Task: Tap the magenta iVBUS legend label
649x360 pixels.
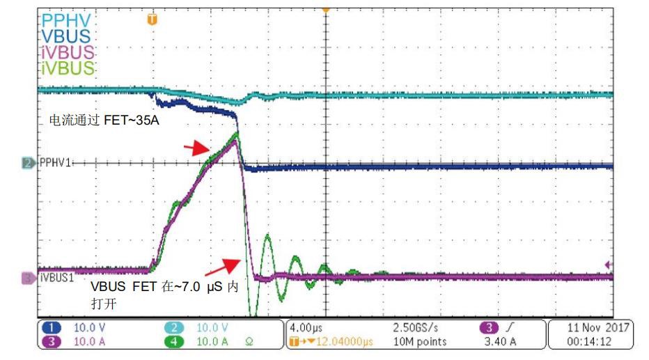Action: [67, 53]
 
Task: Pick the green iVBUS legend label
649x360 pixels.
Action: [67, 68]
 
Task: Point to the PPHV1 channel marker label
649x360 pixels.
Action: [54, 163]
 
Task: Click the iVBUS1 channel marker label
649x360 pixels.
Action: [58, 278]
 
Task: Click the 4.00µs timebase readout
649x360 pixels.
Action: [307, 327]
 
